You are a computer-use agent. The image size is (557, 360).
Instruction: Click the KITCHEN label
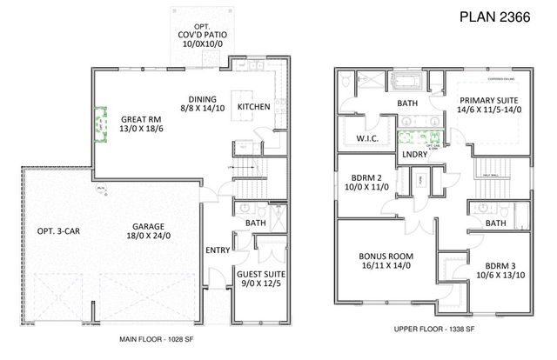(x=253, y=106)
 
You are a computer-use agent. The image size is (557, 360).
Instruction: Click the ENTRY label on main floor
(x=217, y=251)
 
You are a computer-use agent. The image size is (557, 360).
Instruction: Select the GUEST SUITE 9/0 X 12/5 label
(x=261, y=279)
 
